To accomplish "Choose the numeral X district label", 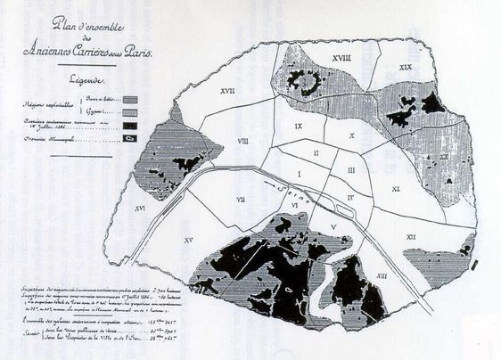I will [x=353, y=135].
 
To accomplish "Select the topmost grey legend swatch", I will [x=131, y=101].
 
